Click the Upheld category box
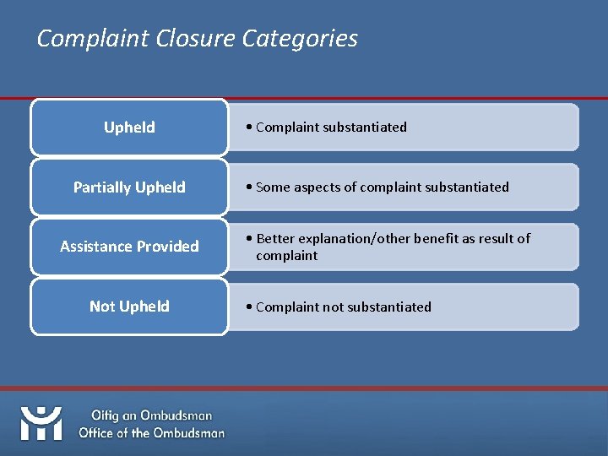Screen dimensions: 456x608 pyautogui.click(x=129, y=128)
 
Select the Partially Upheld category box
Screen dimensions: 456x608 pyautogui.click(x=129, y=187)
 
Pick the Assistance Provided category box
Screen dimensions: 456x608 pyautogui.click(x=129, y=247)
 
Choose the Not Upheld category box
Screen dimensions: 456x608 pyautogui.click(x=129, y=307)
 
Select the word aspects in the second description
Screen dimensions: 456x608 pyautogui.click(x=318, y=187)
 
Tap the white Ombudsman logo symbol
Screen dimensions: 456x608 pyautogui.click(x=41, y=423)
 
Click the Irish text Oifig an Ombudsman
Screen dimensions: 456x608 pyautogui.click(x=152, y=415)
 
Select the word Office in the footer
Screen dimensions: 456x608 pyautogui.click(x=100, y=433)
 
